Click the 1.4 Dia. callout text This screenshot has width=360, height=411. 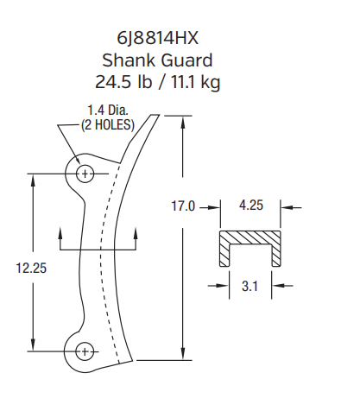pyautogui.click(x=106, y=111)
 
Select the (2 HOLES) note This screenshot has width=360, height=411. pyautogui.click(x=107, y=123)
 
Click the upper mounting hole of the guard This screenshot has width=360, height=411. pyautogui.click(x=85, y=174)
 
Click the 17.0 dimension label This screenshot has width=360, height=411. pyautogui.click(x=182, y=206)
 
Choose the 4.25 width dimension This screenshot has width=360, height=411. pyautogui.click(x=251, y=205)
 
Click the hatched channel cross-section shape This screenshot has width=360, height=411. pyautogui.click(x=251, y=237)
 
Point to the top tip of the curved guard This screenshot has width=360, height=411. pyautogui.click(x=156, y=114)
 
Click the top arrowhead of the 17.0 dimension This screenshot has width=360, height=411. pyautogui.click(x=184, y=120)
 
